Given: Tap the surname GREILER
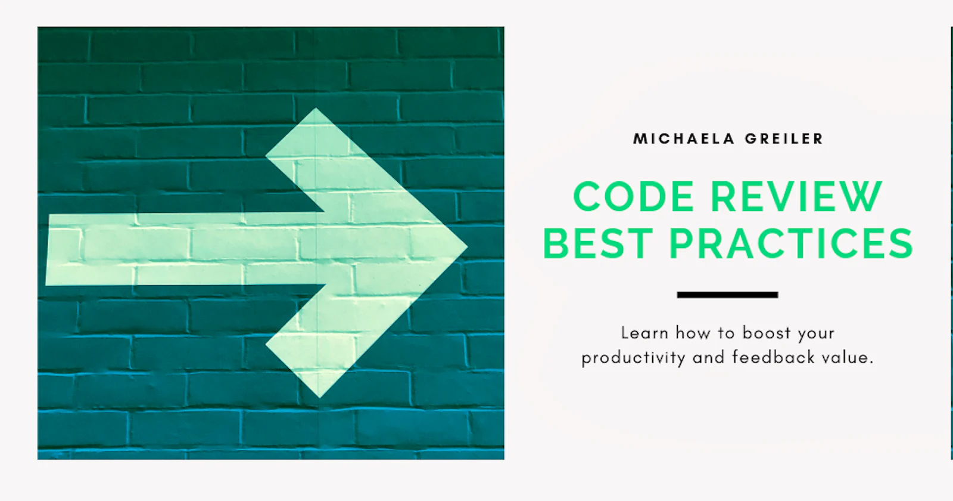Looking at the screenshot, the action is pyautogui.click(x=784, y=139).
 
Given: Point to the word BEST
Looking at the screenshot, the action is pyautogui.click(x=598, y=243).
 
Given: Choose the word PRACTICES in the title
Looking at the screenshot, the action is pyautogui.click(x=792, y=243).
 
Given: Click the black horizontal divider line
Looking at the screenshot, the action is pyautogui.click(x=727, y=295).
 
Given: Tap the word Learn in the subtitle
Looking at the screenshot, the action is pyautogui.click(x=644, y=333).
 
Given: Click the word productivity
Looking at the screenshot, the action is pyautogui.click(x=634, y=358).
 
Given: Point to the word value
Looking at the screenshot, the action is pyautogui.click(x=846, y=357).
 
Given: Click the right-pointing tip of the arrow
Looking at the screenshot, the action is pyautogui.click(x=467, y=246).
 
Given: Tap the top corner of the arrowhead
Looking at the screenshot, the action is pyautogui.click(x=315, y=109).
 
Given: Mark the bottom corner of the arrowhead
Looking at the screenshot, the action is pyautogui.click(x=319, y=397).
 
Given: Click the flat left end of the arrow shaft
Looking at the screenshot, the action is pyautogui.click(x=47, y=250).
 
